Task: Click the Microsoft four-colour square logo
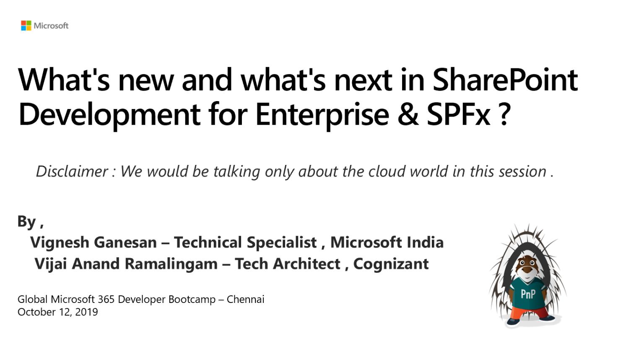[26, 26]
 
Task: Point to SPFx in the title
[459, 115]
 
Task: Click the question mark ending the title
[504, 115]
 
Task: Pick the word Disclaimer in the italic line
[72, 172]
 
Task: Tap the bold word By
[27, 222]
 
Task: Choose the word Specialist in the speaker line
[282, 243]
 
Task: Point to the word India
[425, 242]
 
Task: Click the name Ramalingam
[171, 264]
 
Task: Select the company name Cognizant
[391, 264]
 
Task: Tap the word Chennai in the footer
[246, 300]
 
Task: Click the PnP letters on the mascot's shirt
[528, 294]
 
